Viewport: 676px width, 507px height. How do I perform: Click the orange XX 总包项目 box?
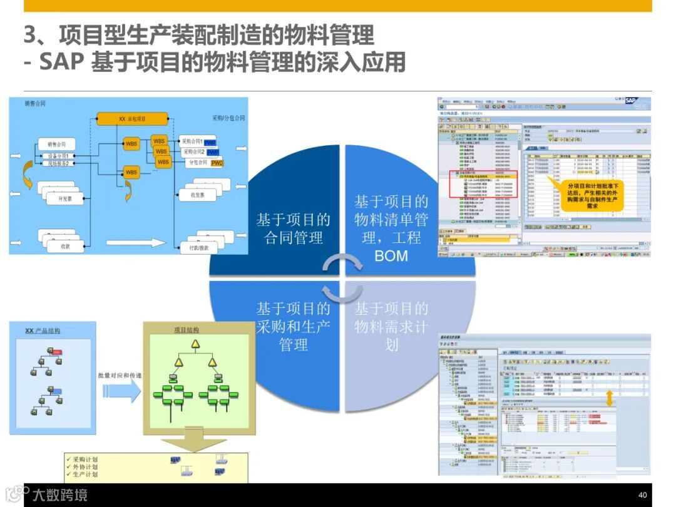pyautogui.click(x=132, y=119)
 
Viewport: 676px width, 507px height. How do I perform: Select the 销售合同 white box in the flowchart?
pyautogui.click(x=56, y=144)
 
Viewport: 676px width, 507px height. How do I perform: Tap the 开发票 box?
pyautogui.click(x=65, y=198)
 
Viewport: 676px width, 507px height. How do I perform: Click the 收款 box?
pyautogui.click(x=65, y=246)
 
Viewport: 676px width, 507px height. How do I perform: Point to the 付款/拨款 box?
pyautogui.click(x=199, y=248)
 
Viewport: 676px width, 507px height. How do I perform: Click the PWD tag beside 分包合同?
pyautogui.click(x=217, y=163)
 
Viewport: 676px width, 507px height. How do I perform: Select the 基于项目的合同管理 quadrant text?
pyautogui.click(x=293, y=228)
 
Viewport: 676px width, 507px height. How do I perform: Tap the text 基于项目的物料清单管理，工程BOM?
pyautogui.click(x=391, y=228)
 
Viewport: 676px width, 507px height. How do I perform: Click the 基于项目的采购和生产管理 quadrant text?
pyautogui.click(x=293, y=326)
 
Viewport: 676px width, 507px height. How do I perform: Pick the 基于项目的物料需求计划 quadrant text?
pyautogui.click(x=391, y=326)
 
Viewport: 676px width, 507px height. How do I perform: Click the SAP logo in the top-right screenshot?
pyautogui.click(x=637, y=103)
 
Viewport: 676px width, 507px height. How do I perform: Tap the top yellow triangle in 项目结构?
pyautogui.click(x=195, y=344)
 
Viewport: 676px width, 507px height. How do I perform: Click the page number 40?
pyautogui.click(x=642, y=494)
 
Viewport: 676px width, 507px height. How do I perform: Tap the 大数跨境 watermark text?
pyautogui.click(x=60, y=495)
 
